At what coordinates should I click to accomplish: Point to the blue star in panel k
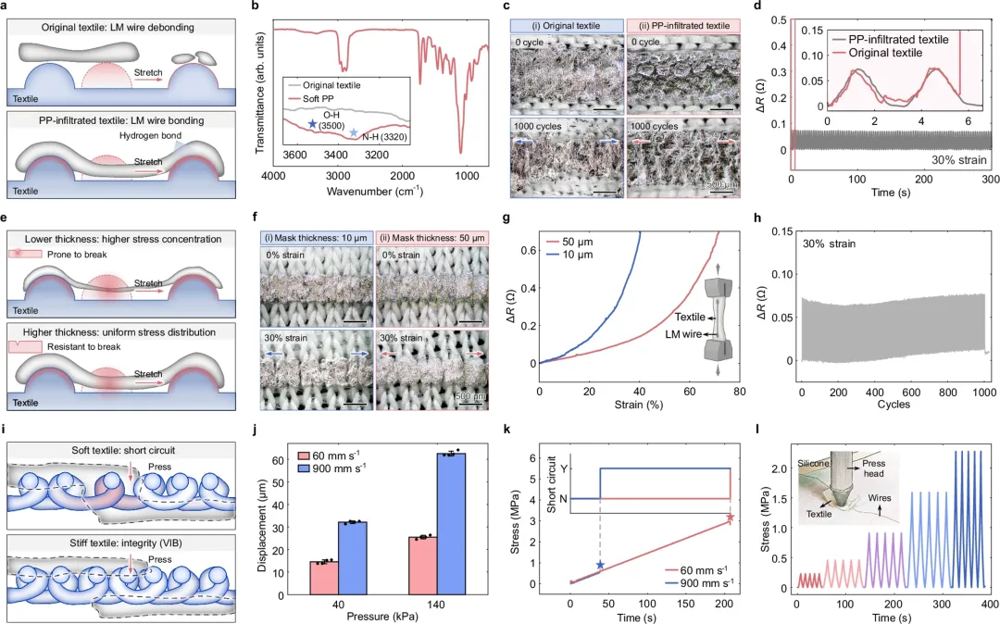coord(600,565)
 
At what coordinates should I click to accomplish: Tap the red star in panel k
coord(730,518)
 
